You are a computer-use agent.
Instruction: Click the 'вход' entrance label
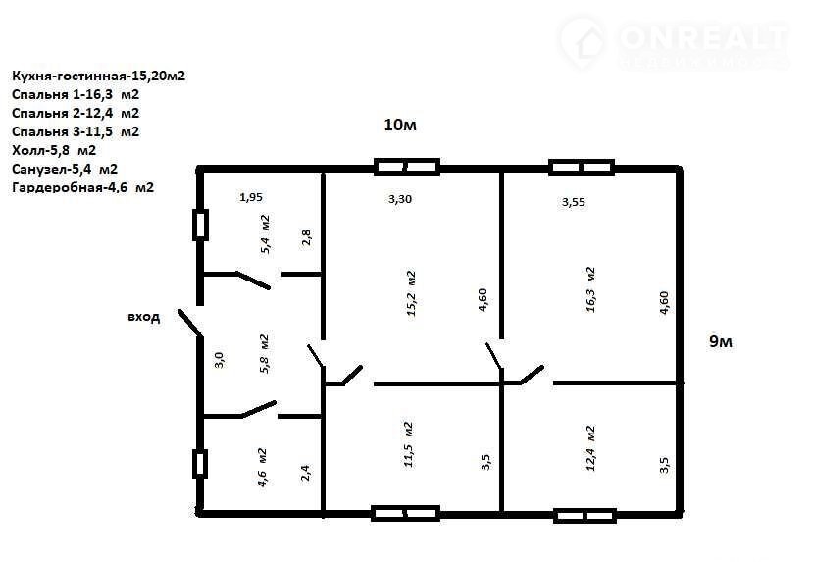coord(143,316)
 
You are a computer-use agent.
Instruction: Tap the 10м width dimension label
coord(400,125)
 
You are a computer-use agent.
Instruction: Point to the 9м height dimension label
coord(720,341)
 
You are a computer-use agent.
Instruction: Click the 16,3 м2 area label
coord(590,289)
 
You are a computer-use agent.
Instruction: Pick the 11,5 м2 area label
coord(408,444)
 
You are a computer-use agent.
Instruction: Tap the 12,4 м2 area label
coord(590,448)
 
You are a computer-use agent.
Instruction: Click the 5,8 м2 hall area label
coord(264,354)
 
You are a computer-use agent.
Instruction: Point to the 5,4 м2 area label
coord(265,233)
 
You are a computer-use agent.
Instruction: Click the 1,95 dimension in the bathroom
coord(251,197)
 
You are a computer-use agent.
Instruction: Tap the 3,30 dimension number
coord(400,198)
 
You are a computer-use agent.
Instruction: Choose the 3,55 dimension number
coord(574,202)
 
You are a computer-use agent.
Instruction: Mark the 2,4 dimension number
coord(305,473)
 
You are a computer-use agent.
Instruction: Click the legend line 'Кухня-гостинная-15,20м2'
coord(98,76)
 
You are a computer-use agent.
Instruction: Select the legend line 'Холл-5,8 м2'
coord(54,150)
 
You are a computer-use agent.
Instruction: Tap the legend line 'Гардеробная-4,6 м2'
coord(83,187)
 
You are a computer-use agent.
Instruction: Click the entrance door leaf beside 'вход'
coord(190,323)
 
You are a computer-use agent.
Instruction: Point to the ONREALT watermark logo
coord(675,43)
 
